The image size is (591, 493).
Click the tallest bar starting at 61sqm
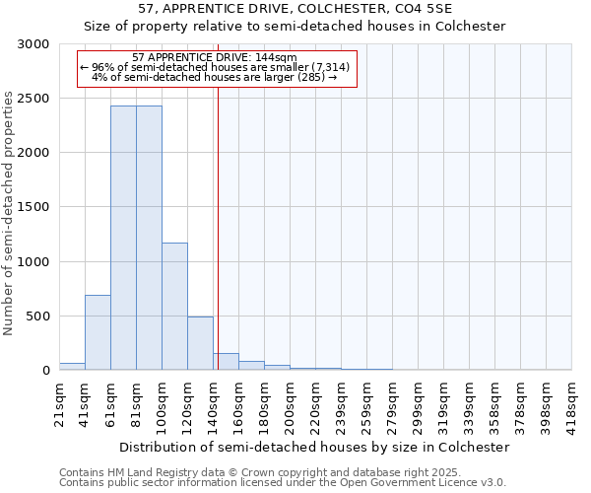click(123, 238)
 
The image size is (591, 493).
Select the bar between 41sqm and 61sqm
click(98, 332)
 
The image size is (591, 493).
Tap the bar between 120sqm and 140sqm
click(200, 343)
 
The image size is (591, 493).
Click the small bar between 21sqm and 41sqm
click(72, 366)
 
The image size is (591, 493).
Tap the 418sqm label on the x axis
click(571, 404)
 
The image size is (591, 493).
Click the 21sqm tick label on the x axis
click(59, 404)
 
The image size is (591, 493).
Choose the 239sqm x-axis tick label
click(341, 404)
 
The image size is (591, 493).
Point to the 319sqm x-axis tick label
click(443, 404)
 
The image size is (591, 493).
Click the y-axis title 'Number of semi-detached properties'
click(10, 213)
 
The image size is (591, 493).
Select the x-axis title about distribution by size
click(315, 447)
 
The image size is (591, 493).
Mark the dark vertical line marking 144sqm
click(218, 227)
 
